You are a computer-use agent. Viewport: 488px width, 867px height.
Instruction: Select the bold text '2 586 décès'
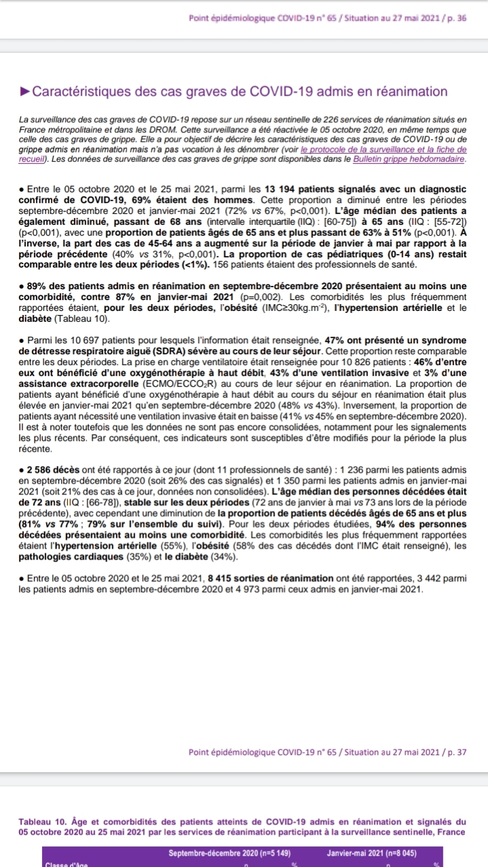[54, 470]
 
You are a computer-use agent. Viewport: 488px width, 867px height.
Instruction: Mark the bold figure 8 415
[224, 578]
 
